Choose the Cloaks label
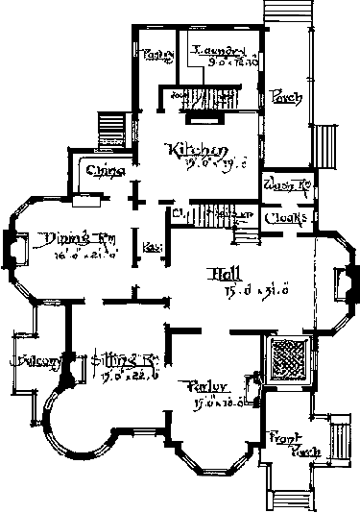point(287,217)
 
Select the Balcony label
point(32,361)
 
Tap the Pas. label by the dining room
point(151,248)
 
